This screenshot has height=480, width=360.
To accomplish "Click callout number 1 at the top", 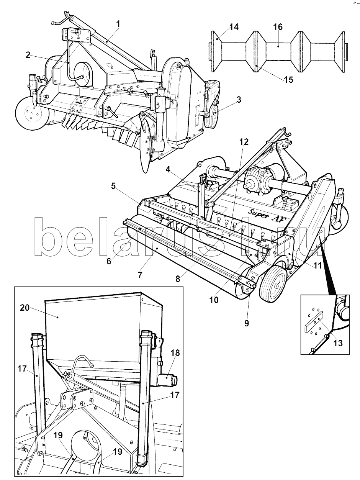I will click(118, 24).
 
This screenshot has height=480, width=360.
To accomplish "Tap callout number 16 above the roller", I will click(278, 27).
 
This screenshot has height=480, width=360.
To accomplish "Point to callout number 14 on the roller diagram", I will click(234, 27).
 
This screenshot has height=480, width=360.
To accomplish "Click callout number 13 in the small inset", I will click(338, 343).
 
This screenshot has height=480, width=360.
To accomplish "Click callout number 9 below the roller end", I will click(246, 323).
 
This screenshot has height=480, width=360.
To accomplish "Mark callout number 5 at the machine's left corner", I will click(113, 187).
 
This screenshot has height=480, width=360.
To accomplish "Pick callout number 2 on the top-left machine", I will click(28, 55).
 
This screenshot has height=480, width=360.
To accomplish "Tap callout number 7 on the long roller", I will click(140, 275).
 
